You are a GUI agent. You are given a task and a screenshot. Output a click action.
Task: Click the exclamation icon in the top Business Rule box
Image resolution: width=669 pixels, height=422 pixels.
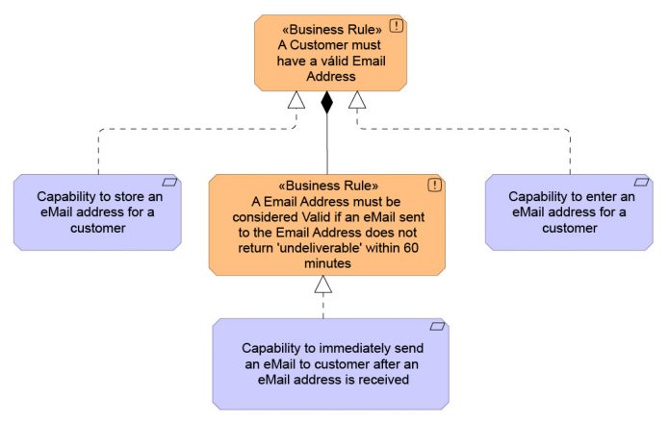(396, 26)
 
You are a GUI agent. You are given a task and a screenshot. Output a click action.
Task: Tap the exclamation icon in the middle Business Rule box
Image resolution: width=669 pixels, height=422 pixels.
(435, 185)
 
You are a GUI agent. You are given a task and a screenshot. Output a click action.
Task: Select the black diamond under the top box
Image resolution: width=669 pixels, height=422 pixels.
(327, 102)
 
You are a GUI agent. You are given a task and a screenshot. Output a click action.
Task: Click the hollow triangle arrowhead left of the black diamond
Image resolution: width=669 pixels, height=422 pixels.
(296, 99)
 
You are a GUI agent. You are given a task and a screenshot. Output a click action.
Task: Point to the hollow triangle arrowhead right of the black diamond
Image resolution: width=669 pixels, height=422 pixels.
(357, 99)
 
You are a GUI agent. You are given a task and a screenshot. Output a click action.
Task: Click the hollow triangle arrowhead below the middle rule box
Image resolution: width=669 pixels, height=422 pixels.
(323, 283)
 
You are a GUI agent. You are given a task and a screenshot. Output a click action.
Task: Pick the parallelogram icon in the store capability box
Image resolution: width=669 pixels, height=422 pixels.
(169, 182)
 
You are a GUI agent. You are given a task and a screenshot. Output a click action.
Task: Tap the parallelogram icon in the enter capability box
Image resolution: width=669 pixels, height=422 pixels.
(641, 182)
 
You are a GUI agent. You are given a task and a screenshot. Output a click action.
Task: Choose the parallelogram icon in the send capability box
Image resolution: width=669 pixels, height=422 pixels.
(435, 327)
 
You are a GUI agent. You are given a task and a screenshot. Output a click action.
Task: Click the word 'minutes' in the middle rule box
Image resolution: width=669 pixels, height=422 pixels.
(327, 262)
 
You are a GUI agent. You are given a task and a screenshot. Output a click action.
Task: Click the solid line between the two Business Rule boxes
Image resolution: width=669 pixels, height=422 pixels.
(327, 144)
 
